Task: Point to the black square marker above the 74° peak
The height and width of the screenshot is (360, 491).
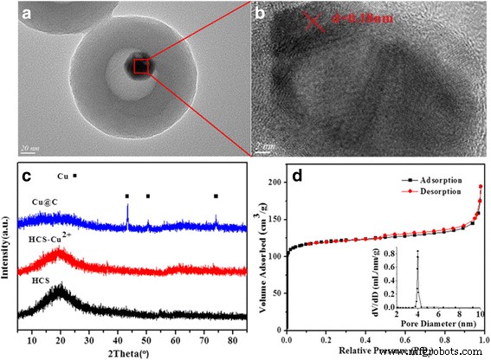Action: click(x=216, y=196)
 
